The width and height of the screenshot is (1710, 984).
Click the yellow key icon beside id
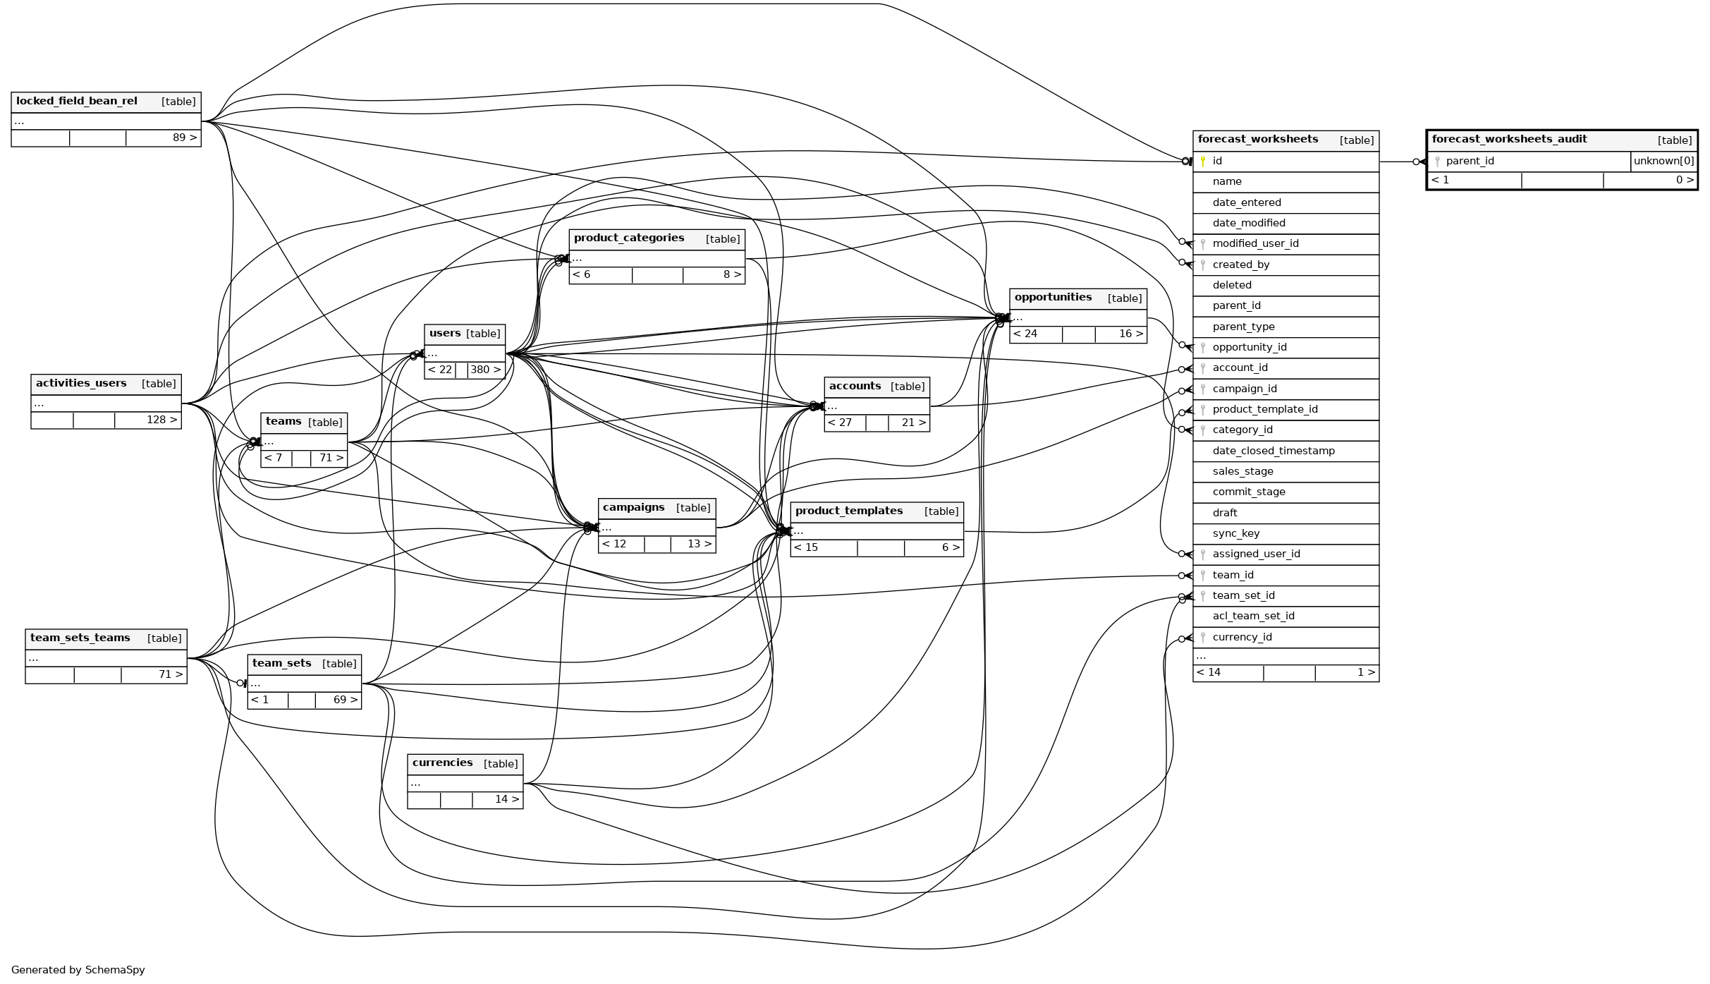tap(1203, 162)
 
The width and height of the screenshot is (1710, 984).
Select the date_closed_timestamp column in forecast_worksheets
tap(1273, 451)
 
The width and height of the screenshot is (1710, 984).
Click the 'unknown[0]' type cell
tap(1663, 161)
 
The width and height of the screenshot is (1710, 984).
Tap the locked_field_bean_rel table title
tap(77, 101)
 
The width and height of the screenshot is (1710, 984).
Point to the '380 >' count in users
tap(485, 370)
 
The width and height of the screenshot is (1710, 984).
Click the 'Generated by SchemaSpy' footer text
tap(78, 970)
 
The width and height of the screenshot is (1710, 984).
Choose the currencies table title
tap(442, 763)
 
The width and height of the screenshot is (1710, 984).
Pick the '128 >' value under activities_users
tap(161, 420)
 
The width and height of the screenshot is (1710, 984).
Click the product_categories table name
tap(628, 238)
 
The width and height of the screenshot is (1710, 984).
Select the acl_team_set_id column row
tap(1253, 616)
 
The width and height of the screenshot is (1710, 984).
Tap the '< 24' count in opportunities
tap(1025, 334)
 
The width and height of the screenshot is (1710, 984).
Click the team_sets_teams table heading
tap(80, 638)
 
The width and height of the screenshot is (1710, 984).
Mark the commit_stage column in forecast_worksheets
tap(1248, 492)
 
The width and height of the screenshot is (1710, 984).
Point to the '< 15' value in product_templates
tap(805, 547)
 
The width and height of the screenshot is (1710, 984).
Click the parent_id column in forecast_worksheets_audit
tap(1470, 161)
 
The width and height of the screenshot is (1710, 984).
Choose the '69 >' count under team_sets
tap(346, 700)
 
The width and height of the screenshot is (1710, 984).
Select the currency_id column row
tap(1242, 637)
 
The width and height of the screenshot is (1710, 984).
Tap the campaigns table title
tap(633, 507)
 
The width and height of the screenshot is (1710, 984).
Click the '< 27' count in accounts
tap(839, 423)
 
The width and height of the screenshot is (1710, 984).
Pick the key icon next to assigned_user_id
tap(1203, 554)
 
